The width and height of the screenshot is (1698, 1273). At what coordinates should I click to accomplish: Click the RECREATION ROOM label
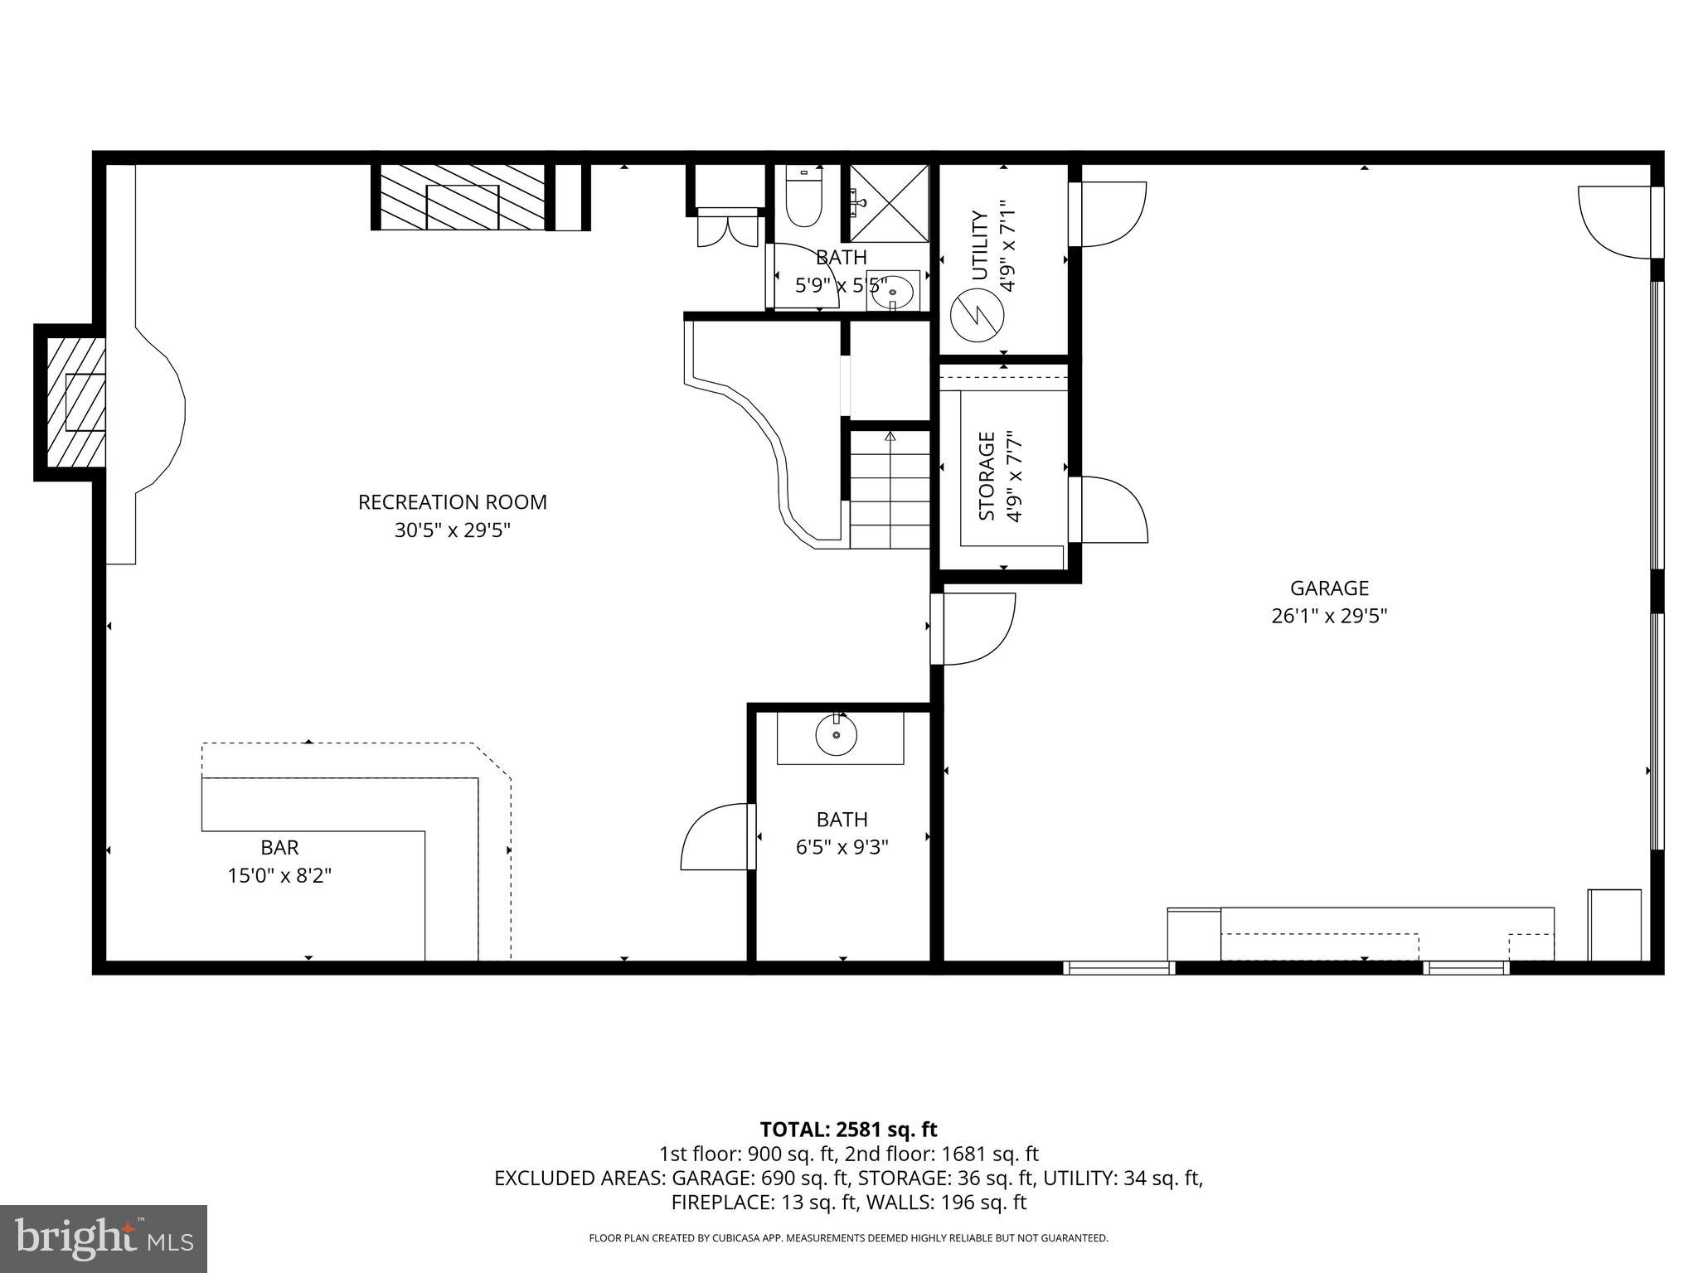coord(452,502)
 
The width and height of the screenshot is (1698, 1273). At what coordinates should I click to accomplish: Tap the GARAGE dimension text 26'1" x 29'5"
coord(1329,616)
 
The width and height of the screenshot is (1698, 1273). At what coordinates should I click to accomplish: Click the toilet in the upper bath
coord(803,201)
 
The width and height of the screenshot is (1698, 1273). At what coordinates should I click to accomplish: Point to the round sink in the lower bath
coord(837,734)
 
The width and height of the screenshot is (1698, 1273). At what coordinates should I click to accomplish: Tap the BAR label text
coord(279,847)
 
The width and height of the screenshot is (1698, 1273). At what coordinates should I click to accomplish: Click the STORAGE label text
coord(987,476)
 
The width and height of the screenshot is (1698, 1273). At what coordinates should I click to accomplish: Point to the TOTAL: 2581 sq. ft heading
coord(848,1129)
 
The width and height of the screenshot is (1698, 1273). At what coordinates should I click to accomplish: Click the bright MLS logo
coord(103,1238)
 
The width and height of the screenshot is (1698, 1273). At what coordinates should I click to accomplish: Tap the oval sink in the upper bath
coord(894,291)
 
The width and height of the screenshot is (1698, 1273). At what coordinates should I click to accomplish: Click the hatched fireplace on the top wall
coord(462,197)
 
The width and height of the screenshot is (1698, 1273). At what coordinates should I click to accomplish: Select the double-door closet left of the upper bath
coord(727,230)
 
